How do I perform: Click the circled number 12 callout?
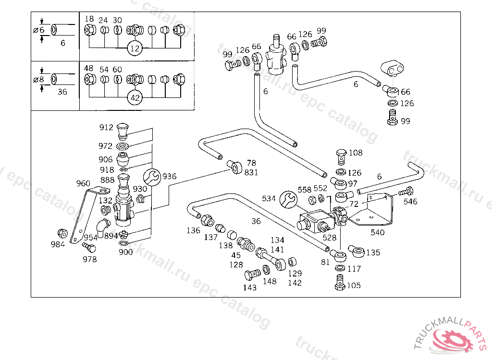135,48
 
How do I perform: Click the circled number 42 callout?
135,97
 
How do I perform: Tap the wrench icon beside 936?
152,177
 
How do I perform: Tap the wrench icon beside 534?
288,200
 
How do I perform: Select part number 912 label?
106,127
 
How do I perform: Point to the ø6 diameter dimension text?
39,30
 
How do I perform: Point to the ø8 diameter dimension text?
38,79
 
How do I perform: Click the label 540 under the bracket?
378,232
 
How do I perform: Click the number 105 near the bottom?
354,286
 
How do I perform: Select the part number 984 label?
58,244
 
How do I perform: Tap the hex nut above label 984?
63,234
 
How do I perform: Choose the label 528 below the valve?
329,238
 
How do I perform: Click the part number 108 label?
356,153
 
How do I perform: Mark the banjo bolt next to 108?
342,157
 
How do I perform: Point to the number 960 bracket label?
83,183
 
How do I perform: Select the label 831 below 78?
251,172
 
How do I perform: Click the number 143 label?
249,288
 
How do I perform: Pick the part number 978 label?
89,259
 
